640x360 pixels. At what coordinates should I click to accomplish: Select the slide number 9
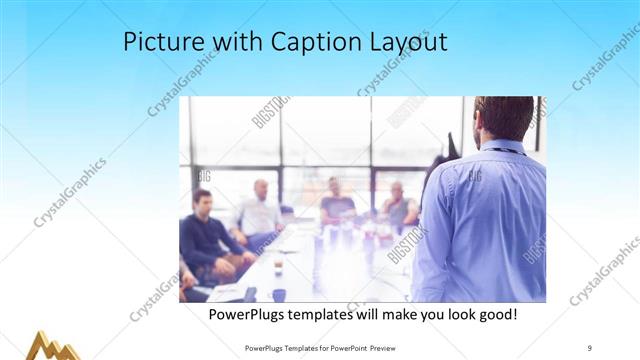click(x=590, y=347)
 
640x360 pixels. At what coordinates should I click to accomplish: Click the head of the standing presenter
click(x=505, y=117)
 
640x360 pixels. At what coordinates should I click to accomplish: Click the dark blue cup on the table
click(x=278, y=294)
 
